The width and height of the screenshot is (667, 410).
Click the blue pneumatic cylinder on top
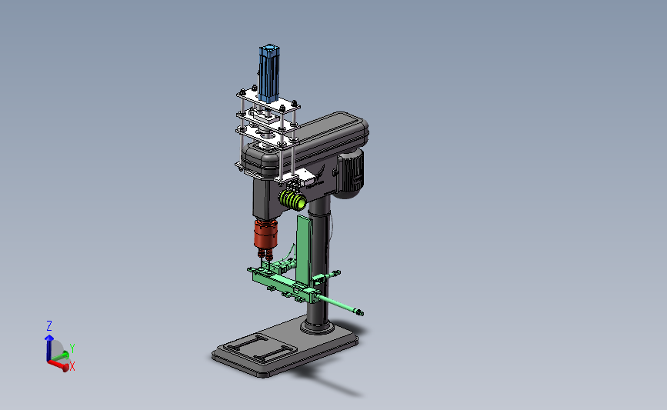point(268,74)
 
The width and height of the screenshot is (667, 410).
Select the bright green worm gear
point(292,199)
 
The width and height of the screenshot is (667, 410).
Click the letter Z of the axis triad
point(49,326)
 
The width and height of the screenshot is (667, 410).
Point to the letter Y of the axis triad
point(72,348)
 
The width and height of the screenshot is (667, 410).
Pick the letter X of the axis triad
point(72,366)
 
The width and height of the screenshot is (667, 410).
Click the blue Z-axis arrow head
point(49,338)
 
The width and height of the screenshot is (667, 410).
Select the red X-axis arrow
point(58,365)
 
